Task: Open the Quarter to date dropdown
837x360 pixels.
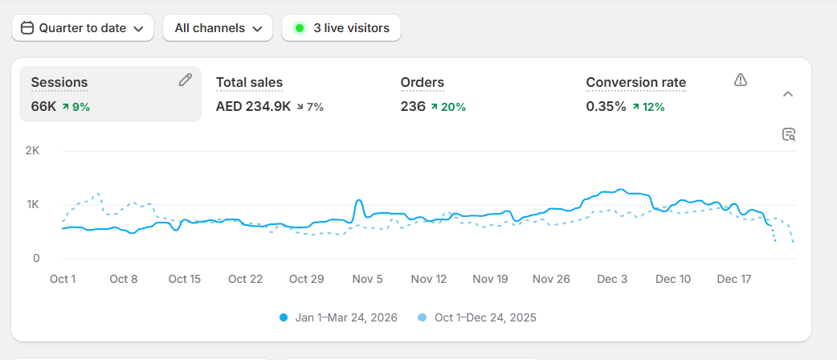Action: click(x=82, y=28)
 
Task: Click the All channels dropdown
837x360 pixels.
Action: click(x=218, y=28)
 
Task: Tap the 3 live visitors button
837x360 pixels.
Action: click(x=341, y=28)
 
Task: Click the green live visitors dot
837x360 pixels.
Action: click(x=300, y=28)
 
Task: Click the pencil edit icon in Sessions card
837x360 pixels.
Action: click(x=186, y=80)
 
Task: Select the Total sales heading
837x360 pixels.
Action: click(x=249, y=82)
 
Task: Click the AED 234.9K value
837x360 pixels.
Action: click(x=253, y=106)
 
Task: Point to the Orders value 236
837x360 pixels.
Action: click(x=413, y=106)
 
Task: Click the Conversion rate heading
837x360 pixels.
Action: click(x=635, y=82)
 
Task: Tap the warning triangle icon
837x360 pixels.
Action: click(x=741, y=80)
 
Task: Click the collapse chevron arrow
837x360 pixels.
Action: click(x=788, y=94)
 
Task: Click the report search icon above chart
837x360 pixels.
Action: click(x=789, y=134)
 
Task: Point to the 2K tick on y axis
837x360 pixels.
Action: click(x=32, y=151)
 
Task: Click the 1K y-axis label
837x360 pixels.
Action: click(x=32, y=205)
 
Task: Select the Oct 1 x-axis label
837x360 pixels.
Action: click(x=63, y=279)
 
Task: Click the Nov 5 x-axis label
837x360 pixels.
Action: click(x=367, y=279)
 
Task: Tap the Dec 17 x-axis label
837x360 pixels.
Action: click(x=733, y=279)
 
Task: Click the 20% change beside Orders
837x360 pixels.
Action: click(x=447, y=107)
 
